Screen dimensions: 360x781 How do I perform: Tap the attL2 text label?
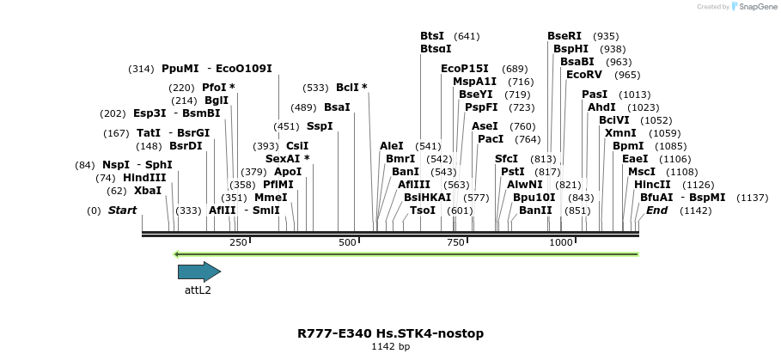tap(198, 290)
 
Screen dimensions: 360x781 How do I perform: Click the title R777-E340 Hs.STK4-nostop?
tap(390, 333)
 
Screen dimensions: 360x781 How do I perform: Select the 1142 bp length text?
tap(390, 347)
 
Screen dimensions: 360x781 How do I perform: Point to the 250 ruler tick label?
tap(238, 243)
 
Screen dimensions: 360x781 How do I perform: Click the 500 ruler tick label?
tap(347, 243)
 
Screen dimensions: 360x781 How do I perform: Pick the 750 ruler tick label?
tap(453, 243)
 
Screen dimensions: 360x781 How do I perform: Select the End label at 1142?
tap(657, 211)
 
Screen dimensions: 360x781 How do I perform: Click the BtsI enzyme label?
tap(432, 36)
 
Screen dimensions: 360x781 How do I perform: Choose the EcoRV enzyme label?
tap(584, 75)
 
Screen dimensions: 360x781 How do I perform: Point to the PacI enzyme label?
tap(491, 139)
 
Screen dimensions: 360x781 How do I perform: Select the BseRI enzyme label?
tap(564, 36)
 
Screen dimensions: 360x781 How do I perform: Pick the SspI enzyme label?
tap(320, 126)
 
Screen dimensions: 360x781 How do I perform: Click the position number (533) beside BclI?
tap(315, 88)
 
